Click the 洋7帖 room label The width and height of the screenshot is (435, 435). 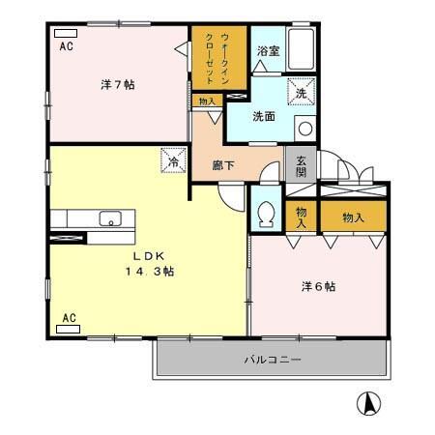[x=118, y=85]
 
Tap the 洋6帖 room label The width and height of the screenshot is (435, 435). [x=318, y=286]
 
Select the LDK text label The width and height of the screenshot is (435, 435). [x=150, y=256]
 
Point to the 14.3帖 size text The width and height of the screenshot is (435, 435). [x=150, y=272]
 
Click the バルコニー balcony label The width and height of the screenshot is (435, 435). [x=273, y=360]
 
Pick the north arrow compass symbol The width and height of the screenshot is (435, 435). [x=368, y=403]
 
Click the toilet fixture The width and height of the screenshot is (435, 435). [x=266, y=214]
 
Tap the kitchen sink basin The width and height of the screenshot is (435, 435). [x=110, y=218]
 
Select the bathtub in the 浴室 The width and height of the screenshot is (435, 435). [x=301, y=49]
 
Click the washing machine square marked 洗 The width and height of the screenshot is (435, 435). [x=301, y=92]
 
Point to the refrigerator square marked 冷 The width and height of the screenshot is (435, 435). [x=174, y=160]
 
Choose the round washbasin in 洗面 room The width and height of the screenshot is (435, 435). [x=305, y=129]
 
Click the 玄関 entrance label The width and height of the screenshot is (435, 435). [x=301, y=166]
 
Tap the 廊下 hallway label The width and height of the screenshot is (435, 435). [x=223, y=165]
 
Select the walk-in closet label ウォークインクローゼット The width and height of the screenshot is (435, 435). [x=217, y=58]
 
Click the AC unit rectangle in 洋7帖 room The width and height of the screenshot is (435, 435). [x=66, y=33]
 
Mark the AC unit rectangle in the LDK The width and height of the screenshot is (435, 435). [x=68, y=329]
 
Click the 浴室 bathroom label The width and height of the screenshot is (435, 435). [x=268, y=51]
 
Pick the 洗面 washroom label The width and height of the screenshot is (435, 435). [x=264, y=116]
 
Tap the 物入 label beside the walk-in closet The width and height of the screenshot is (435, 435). [x=207, y=101]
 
